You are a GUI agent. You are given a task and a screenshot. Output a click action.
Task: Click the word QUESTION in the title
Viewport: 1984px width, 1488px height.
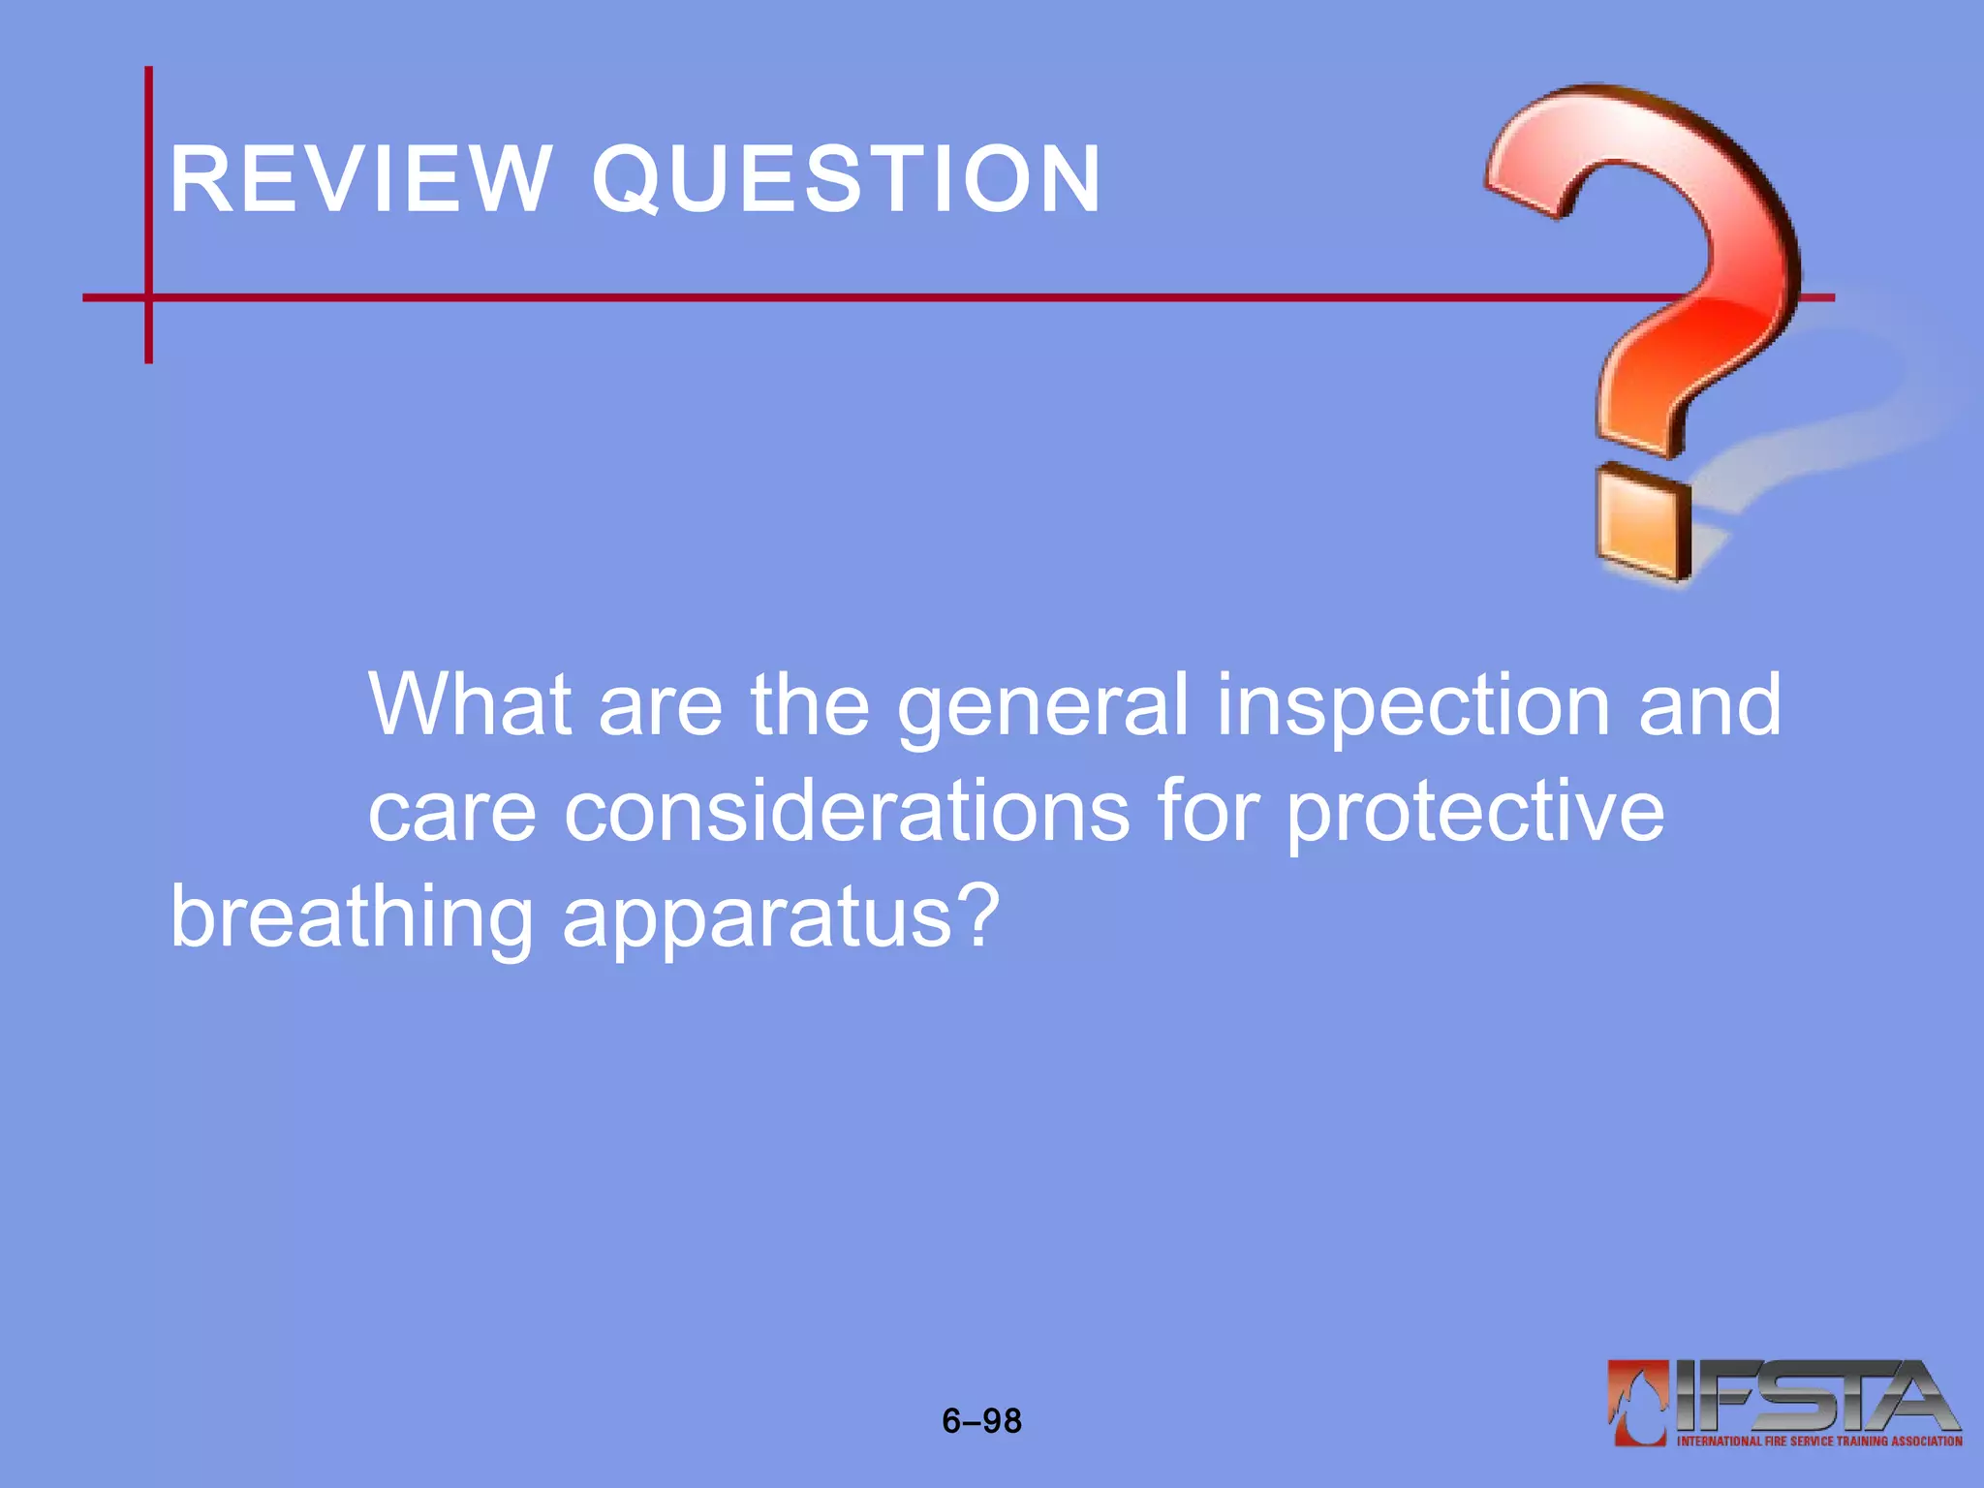(847, 179)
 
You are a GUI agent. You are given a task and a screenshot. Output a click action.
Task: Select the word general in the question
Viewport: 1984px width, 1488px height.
(1041, 707)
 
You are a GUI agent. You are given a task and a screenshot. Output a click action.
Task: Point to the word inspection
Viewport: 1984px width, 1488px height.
(1412, 707)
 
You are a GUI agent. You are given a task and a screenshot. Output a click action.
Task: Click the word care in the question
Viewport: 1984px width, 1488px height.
(451, 812)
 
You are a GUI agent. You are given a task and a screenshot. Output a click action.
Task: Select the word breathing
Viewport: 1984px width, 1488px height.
(352, 918)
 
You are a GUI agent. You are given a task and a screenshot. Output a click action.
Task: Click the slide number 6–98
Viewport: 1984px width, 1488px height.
(981, 1421)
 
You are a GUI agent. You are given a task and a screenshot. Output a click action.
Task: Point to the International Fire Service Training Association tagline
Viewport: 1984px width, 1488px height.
(1818, 1441)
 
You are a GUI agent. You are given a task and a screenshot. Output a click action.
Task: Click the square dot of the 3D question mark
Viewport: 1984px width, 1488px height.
(1643, 523)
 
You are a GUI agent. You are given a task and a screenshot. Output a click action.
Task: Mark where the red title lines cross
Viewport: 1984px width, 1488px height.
(149, 297)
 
